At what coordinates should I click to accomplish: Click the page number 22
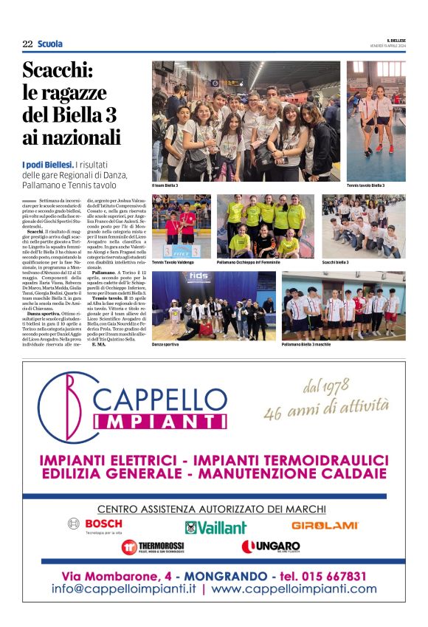tap(27, 44)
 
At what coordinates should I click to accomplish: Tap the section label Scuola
tap(50, 44)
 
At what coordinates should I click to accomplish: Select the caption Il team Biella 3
tap(165, 185)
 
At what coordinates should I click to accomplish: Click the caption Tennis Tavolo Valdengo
tap(173, 262)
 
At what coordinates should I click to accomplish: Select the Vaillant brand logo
tap(215, 527)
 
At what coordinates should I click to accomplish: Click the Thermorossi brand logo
tap(153, 547)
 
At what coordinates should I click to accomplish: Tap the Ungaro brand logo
tap(270, 547)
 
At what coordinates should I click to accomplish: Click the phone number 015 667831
tap(324, 576)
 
